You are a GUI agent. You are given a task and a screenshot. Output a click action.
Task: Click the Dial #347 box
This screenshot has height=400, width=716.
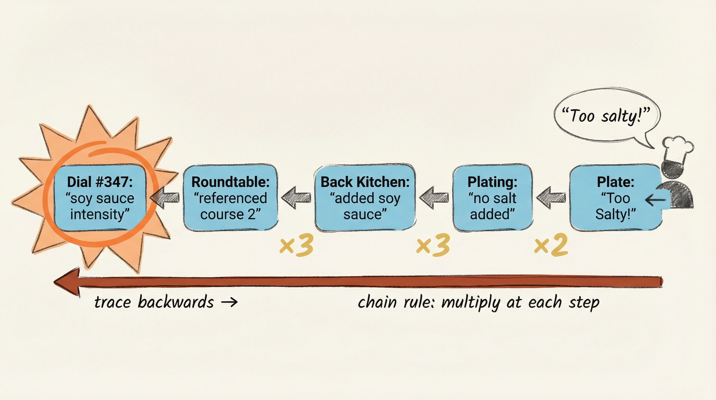99,198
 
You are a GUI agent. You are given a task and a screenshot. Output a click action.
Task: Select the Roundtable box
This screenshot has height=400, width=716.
231,198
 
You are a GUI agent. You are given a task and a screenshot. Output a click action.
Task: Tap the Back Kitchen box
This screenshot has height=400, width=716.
365,198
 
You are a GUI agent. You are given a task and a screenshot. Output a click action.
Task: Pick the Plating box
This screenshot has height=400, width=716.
492,198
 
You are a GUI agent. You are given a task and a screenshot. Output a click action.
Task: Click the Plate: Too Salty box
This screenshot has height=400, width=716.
615,198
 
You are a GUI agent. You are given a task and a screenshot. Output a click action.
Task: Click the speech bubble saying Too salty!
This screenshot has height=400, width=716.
606,115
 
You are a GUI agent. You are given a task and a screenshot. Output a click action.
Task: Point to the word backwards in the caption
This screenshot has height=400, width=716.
176,302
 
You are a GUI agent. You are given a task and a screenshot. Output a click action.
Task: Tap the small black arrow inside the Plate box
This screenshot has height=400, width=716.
655,199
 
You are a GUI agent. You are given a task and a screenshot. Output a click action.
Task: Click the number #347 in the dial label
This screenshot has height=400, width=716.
114,182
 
